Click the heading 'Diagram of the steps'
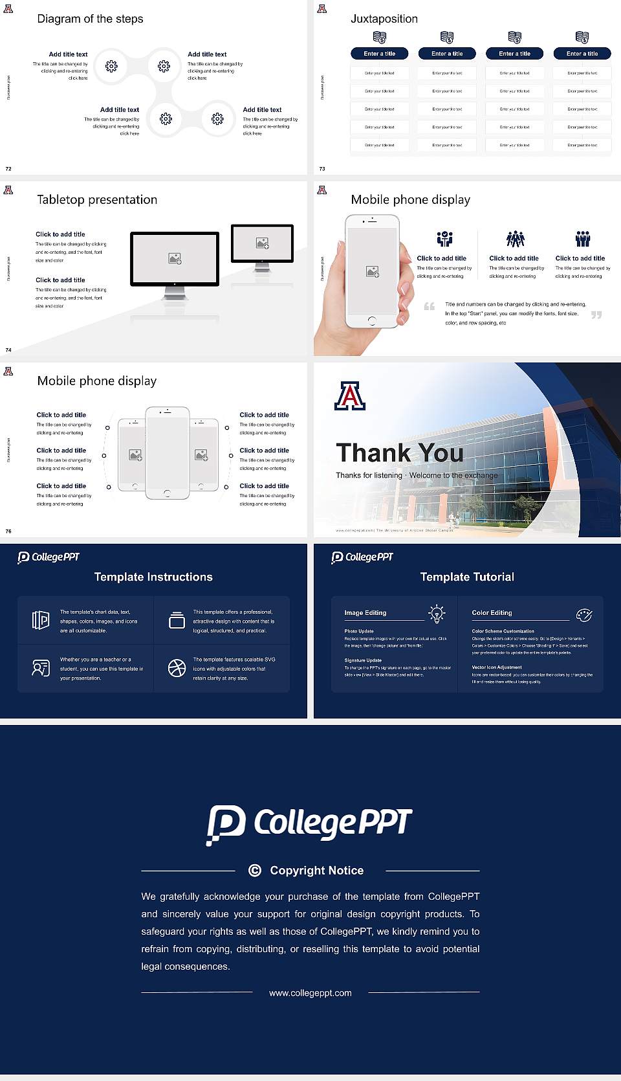click(90, 19)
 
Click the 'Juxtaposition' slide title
click(384, 19)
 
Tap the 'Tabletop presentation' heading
click(97, 199)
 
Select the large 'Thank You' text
click(399, 452)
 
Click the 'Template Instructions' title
click(153, 577)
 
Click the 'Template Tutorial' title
click(467, 577)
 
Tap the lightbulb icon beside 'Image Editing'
click(437, 614)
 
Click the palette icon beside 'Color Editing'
click(583, 614)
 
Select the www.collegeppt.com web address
click(310, 993)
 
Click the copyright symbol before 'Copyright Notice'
click(255, 871)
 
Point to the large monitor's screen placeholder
click(175, 258)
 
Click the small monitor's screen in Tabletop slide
click(262, 243)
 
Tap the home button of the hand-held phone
click(371, 320)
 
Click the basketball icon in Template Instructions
click(177, 668)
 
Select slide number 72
click(8, 168)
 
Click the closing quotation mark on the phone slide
click(596, 315)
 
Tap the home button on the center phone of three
click(167, 493)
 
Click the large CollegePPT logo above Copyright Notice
click(309, 823)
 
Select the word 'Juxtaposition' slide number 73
click(322, 168)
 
